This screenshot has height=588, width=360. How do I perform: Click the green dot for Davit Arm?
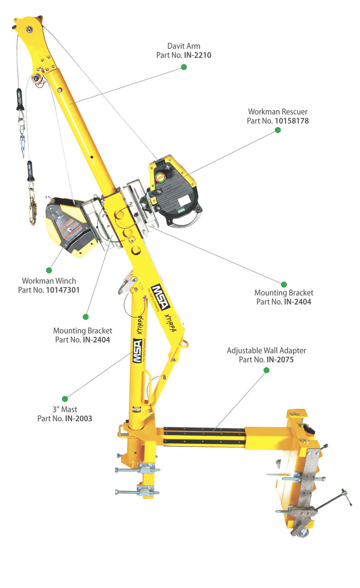click(x=184, y=67)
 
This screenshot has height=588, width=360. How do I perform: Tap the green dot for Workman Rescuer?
click(x=278, y=130)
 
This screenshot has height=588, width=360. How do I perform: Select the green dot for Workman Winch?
click(x=49, y=269)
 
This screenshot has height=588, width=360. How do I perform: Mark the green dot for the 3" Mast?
click(x=65, y=399)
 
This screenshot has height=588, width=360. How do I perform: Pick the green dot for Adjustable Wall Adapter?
click(x=267, y=370)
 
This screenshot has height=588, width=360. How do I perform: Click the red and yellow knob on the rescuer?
click(x=161, y=177)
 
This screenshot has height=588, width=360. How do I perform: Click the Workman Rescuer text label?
click(x=278, y=112)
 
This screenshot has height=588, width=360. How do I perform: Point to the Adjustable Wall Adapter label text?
click(x=266, y=350)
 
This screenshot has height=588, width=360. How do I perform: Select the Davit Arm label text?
click(x=183, y=46)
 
